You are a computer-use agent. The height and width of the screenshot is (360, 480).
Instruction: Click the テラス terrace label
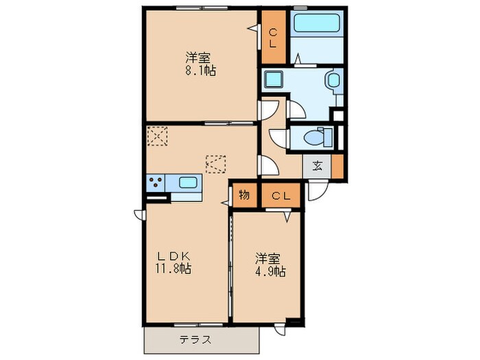[195, 339]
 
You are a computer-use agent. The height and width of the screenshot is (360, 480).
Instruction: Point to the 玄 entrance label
[318, 165]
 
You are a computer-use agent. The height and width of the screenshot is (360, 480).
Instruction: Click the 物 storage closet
[244, 195]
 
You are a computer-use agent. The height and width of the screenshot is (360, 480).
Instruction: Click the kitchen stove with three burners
[156, 183]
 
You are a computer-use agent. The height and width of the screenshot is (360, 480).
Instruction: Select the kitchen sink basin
[188, 183]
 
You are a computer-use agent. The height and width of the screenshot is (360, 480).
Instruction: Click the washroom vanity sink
[334, 82]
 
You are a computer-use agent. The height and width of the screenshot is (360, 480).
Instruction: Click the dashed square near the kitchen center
[215, 165]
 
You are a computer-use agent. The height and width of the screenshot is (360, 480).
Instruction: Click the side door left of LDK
[139, 212]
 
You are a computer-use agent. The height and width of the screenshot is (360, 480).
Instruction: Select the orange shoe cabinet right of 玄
[337, 165]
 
